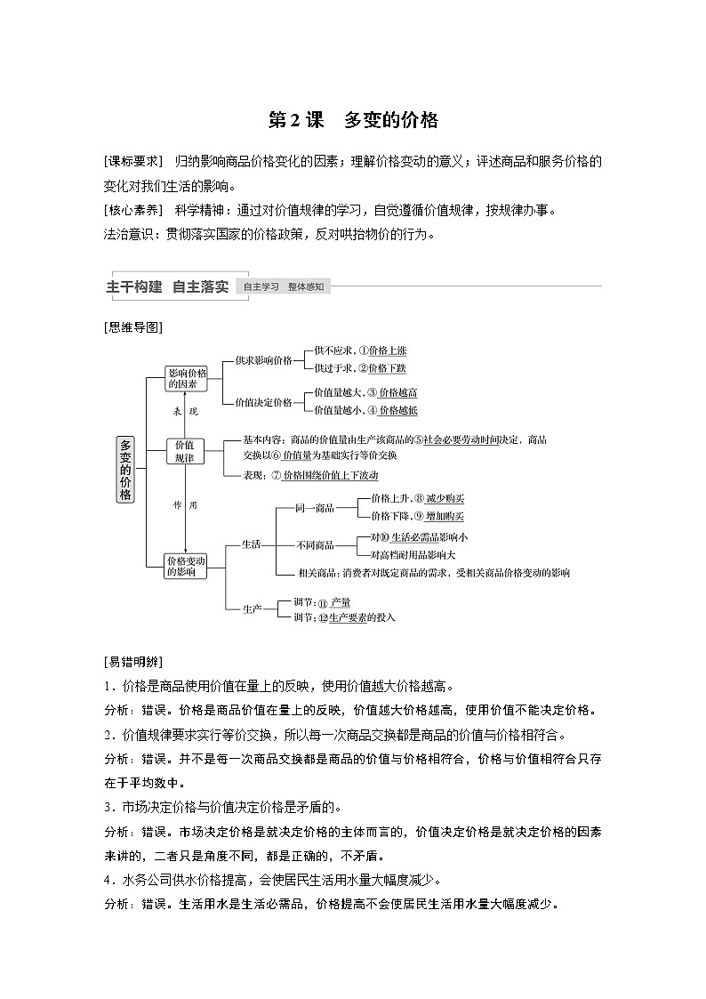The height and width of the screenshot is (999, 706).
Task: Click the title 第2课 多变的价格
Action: click(353, 120)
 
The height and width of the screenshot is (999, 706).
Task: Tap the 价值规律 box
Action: click(186, 450)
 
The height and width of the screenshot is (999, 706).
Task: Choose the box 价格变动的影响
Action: click(186, 566)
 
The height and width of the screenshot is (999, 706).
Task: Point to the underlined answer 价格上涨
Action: click(388, 350)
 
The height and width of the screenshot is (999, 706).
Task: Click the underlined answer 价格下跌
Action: click(388, 367)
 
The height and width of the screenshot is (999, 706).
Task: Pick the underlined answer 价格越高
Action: click(398, 392)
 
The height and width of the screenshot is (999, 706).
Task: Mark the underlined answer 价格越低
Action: click(398, 410)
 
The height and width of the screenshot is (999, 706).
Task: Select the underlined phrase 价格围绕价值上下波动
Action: click(331, 475)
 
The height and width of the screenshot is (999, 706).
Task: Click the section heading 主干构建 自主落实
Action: click(167, 286)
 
